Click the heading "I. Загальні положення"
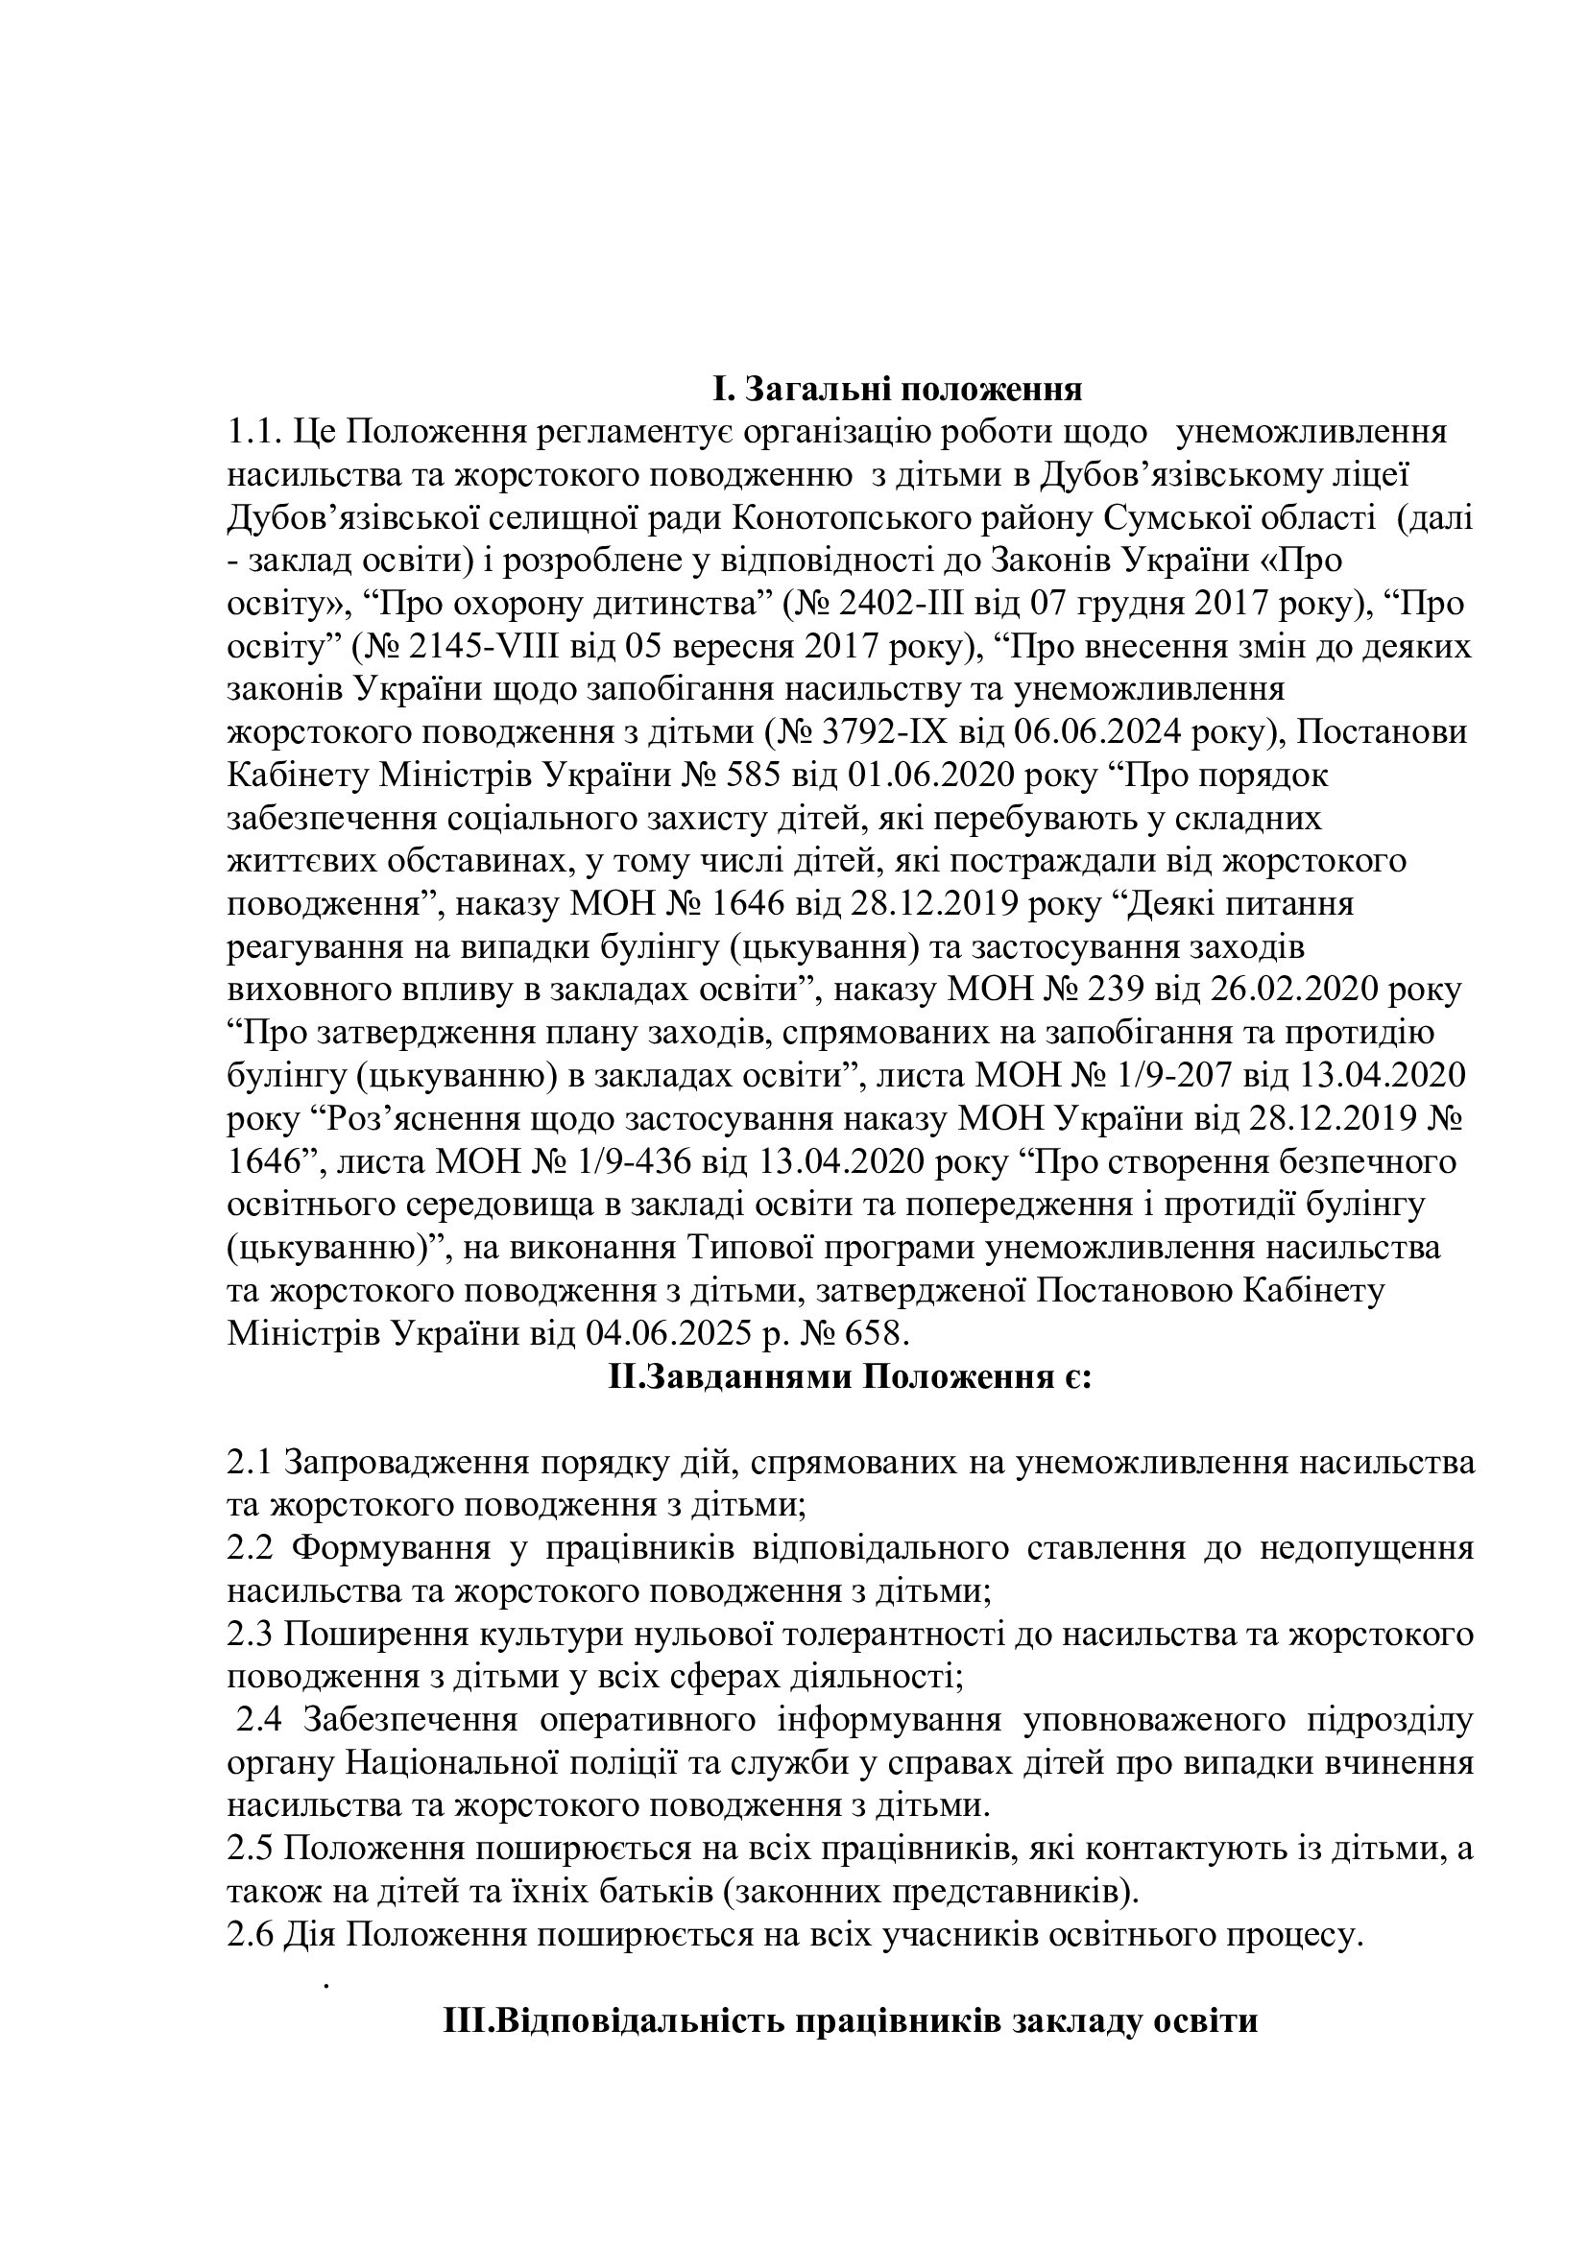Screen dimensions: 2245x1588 (896, 389)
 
